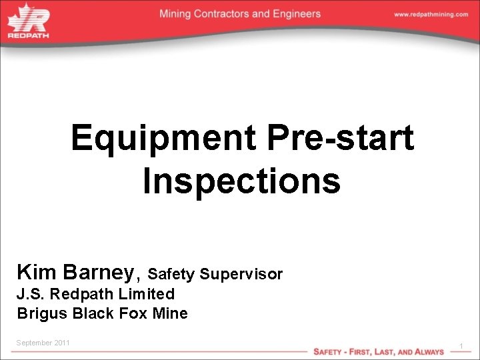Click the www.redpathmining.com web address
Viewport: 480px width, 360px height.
click(x=431, y=15)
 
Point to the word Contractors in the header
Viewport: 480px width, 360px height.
click(x=224, y=14)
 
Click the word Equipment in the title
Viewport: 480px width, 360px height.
click(x=164, y=139)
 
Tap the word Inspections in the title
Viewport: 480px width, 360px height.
click(x=241, y=181)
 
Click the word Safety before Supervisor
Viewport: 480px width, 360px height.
click(x=171, y=274)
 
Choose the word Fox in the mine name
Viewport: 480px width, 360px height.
click(x=130, y=313)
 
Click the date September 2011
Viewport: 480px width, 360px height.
click(x=43, y=343)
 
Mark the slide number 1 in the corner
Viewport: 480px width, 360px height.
click(x=461, y=345)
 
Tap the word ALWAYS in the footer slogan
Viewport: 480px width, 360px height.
click(x=428, y=351)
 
